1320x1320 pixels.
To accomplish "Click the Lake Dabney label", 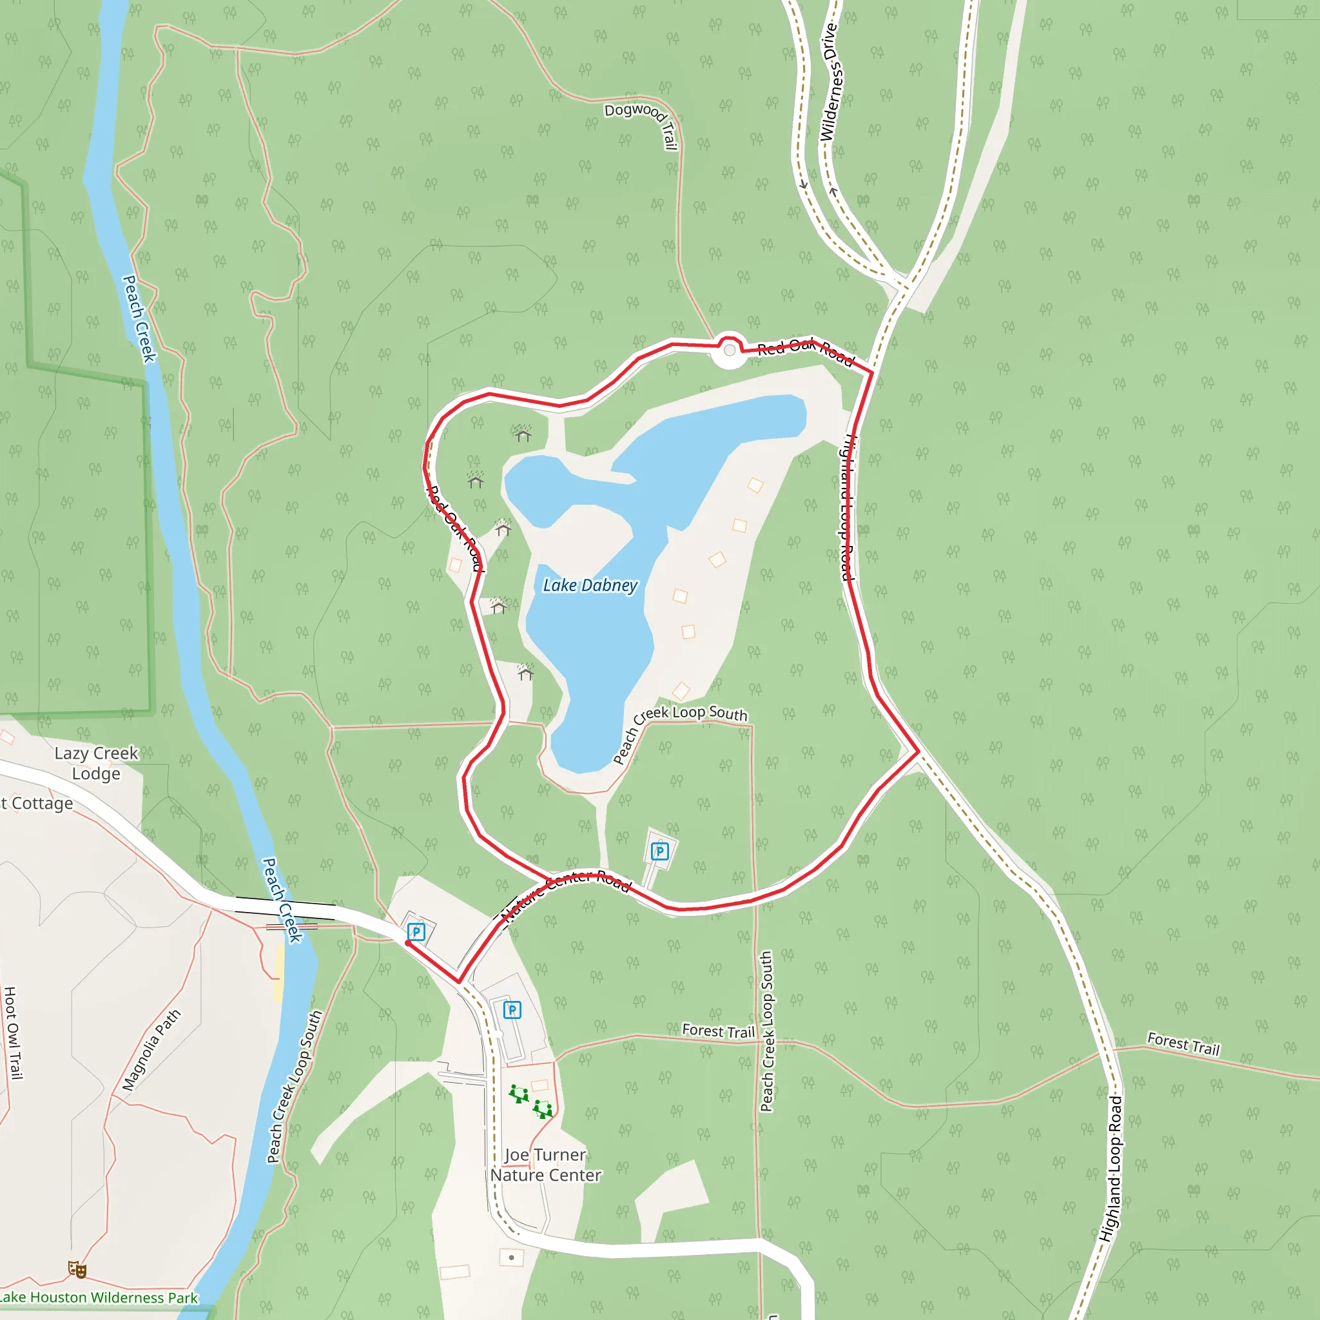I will coord(590,585).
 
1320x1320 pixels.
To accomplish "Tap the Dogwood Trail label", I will coord(643,124).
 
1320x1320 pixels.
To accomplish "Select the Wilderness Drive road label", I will coord(830,82).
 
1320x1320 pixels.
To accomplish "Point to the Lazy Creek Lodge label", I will coord(96,763).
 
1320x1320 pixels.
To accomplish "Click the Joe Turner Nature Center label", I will coord(545,1165).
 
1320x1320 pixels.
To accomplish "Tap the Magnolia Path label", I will coord(151,1049).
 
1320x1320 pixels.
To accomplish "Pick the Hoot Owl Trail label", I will coord(12,1033).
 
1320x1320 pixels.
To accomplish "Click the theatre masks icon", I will coord(77,1270).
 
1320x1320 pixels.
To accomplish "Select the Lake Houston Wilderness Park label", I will coord(99,1297).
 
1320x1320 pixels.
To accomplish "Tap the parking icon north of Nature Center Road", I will coord(659,851).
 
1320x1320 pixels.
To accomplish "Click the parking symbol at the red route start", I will coord(416,931).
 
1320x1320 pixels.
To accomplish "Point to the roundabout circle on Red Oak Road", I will coord(730,351).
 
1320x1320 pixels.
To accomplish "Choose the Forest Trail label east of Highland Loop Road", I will coord(1183,1045).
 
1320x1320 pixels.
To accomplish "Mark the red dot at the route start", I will coord(408,943).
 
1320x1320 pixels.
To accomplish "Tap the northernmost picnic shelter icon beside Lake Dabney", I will coord(523,434).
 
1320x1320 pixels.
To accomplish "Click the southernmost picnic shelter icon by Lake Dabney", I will coord(525,672).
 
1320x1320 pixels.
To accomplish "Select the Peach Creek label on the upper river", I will coord(139,318).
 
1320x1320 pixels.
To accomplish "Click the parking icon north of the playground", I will coord(512,1010).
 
